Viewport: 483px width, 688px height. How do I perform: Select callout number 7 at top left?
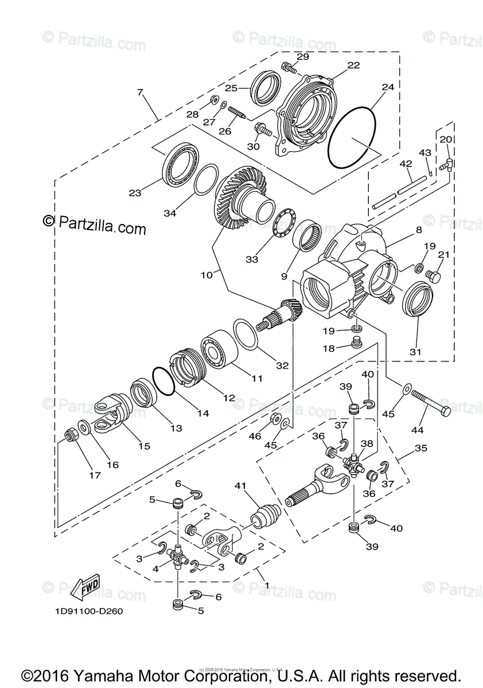(139, 92)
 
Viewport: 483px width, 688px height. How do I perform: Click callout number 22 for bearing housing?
(353, 65)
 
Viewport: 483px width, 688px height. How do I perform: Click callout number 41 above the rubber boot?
(240, 486)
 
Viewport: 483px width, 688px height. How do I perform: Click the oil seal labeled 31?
(415, 299)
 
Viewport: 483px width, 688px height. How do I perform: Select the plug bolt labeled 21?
(434, 278)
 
